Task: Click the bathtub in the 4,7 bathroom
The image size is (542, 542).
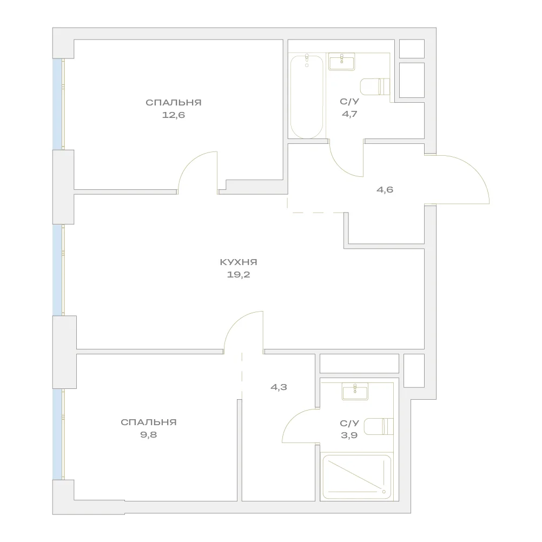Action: click(x=307, y=96)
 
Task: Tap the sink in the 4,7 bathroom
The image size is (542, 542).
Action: click(x=341, y=62)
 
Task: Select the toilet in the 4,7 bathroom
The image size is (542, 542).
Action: click(x=375, y=87)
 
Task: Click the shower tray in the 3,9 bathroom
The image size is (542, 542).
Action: click(x=356, y=477)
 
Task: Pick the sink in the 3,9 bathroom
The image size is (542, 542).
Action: click(x=355, y=391)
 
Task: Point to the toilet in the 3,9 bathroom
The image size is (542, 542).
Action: click(x=379, y=426)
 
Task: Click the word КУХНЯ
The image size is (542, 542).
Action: click(x=239, y=262)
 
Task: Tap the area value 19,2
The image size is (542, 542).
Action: click(x=239, y=275)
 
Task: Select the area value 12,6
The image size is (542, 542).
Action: click(x=174, y=115)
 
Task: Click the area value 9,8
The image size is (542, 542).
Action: click(x=149, y=435)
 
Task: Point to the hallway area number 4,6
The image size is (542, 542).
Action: click(x=385, y=190)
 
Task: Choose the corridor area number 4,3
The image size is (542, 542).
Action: click(x=279, y=387)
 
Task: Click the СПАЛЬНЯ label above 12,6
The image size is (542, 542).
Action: click(x=174, y=102)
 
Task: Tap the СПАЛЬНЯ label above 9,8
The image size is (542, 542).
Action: click(x=149, y=422)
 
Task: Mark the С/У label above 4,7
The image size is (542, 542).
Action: click(x=349, y=101)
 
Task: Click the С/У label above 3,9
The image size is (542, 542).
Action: click(x=349, y=423)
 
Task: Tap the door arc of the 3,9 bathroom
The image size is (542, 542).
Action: click(x=292, y=418)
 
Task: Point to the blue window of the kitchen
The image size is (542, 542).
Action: click(x=57, y=269)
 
